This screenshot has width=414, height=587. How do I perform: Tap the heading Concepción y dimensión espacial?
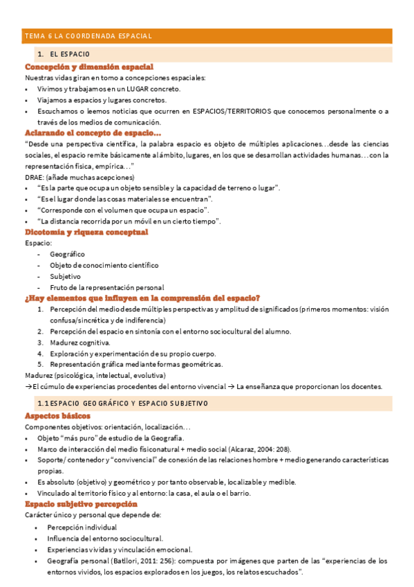[88, 67]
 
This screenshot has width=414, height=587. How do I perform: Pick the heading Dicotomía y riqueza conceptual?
[86, 232]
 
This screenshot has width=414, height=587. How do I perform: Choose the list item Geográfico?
[67, 254]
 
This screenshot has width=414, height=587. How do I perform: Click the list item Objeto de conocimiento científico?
[104, 265]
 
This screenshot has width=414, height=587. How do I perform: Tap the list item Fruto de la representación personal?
[106, 287]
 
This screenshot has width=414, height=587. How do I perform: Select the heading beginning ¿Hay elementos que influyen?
[142, 298]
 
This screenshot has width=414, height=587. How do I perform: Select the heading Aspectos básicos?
[57, 416]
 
